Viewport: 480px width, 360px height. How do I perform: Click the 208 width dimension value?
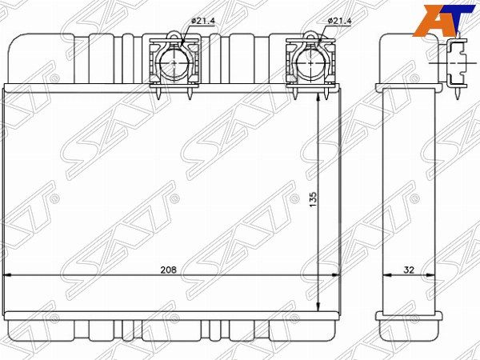coord(169,270)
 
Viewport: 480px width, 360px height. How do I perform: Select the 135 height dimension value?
coord(313,199)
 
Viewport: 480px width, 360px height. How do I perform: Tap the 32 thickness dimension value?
coord(409,270)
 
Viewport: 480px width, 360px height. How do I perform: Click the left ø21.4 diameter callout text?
coord(203,21)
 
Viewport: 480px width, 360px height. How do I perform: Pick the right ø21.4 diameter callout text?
coord(339,21)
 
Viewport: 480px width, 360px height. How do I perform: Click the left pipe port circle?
coord(174,62)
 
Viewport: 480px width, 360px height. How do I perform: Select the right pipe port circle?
coord(311,62)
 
